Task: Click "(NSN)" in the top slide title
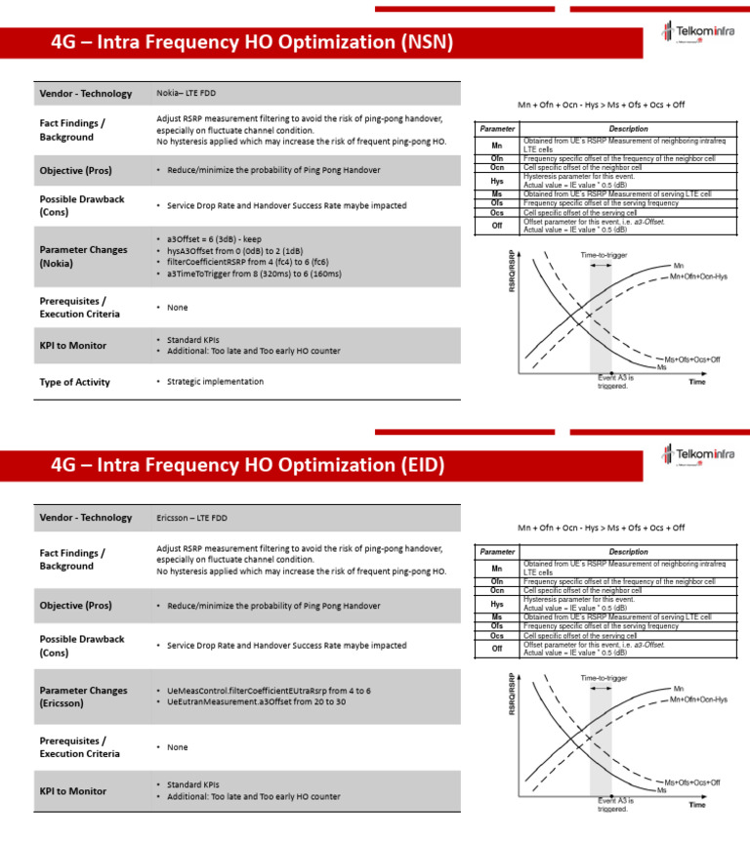click(x=417, y=44)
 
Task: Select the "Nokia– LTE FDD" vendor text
click(x=188, y=94)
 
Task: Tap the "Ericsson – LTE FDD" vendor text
click(x=192, y=517)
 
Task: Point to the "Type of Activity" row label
click(x=74, y=382)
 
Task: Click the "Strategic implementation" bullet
click(x=215, y=381)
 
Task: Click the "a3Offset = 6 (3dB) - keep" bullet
click(x=221, y=238)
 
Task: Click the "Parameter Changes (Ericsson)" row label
click(x=83, y=697)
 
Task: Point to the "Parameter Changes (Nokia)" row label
click(x=83, y=256)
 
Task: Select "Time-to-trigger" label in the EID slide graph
click(x=604, y=678)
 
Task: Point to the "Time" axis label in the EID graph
click(x=696, y=806)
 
